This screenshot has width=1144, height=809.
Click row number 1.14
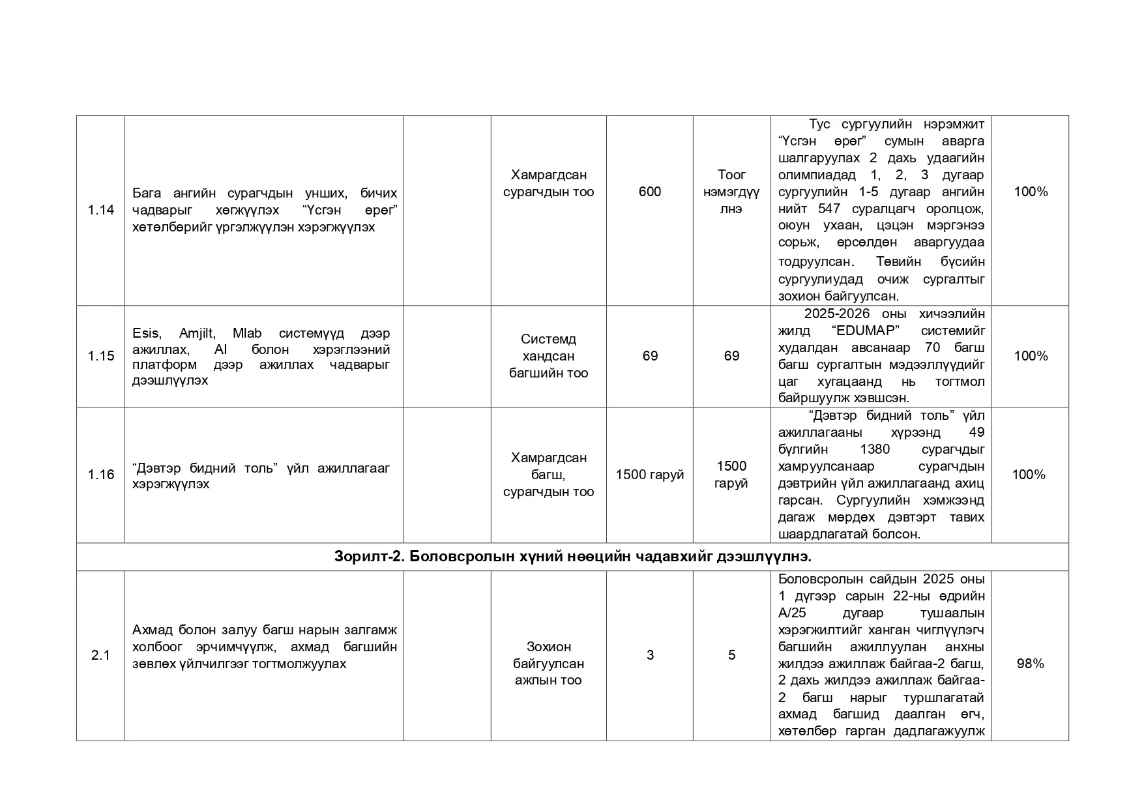pyautogui.click(x=100, y=209)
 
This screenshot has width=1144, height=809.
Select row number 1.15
pyautogui.click(x=100, y=356)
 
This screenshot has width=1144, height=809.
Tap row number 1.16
pyautogui.click(x=100, y=475)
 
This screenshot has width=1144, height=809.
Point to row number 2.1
pyautogui.click(x=100, y=655)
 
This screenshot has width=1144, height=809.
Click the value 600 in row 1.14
pyautogui.click(x=650, y=192)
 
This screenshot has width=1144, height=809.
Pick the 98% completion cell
pyautogui.click(x=1030, y=664)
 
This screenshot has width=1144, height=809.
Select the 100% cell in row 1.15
pyautogui.click(x=1031, y=356)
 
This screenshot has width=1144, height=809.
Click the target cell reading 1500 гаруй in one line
pyautogui.click(x=650, y=475)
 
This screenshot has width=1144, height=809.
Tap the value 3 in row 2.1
pyautogui.click(x=650, y=655)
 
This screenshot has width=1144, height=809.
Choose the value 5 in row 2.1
pyautogui.click(x=731, y=655)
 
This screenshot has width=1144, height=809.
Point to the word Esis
pyautogui.click(x=145, y=334)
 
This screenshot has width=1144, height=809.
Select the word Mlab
pyautogui.click(x=246, y=334)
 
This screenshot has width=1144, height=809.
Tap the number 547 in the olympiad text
pyautogui.click(x=829, y=209)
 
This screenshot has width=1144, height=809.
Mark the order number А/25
pyautogui.click(x=792, y=613)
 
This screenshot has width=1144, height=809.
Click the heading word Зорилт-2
pyautogui.click(x=368, y=557)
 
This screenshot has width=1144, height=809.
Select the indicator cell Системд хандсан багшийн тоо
pyautogui.click(x=548, y=356)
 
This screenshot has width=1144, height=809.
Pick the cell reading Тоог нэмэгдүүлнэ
pyautogui.click(x=731, y=192)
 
